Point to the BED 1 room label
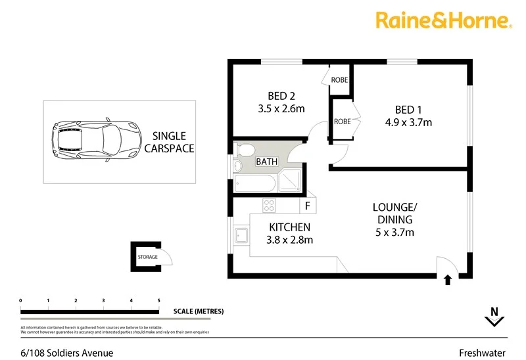[405, 109]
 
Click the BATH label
[266, 162]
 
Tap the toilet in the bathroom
[245, 150]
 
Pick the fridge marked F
[307, 206]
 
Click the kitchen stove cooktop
[268, 205]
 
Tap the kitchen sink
[240, 235]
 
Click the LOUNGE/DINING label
[394, 214]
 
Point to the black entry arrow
[448, 280]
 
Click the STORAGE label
[147, 257]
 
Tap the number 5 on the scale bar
[158, 301]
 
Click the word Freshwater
[489, 351]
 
